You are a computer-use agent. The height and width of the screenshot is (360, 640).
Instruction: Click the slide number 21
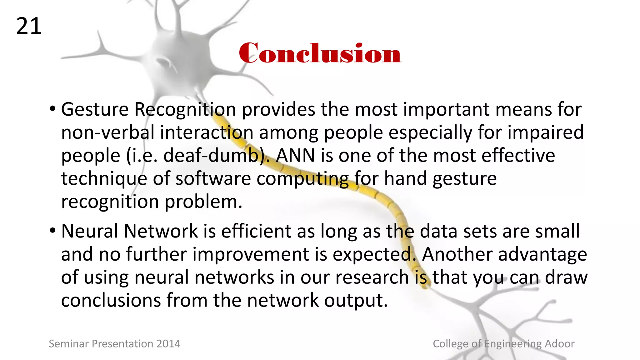[x=29, y=26]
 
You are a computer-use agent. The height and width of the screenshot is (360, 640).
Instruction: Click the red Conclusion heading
[x=320, y=53]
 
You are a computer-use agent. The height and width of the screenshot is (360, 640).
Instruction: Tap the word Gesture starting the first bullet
[x=95, y=110]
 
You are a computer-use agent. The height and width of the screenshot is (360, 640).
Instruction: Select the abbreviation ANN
[x=295, y=155]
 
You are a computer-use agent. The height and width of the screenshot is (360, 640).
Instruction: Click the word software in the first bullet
[x=213, y=178]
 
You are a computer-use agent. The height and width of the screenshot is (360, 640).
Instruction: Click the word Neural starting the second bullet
[x=89, y=231]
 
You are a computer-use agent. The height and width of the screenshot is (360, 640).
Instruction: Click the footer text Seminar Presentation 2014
[x=115, y=344]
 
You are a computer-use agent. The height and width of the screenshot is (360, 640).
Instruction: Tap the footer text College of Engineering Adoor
[x=503, y=344]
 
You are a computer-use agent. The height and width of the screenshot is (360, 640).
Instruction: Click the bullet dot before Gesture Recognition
[x=52, y=109]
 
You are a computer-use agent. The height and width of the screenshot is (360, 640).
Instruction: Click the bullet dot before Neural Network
[x=52, y=231]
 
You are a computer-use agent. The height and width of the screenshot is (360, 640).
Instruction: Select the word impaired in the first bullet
[x=545, y=132]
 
